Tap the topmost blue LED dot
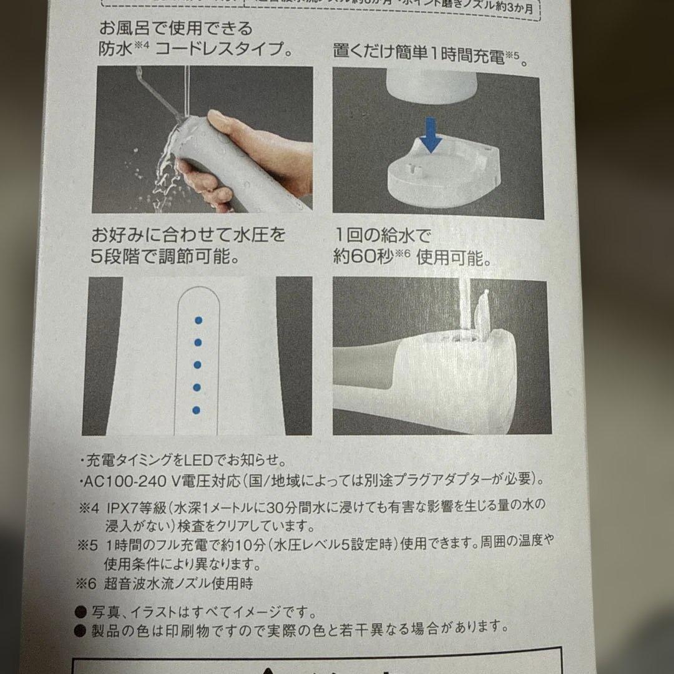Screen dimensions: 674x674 198,320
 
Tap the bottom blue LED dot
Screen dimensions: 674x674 197,410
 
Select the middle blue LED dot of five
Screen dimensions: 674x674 197,365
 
